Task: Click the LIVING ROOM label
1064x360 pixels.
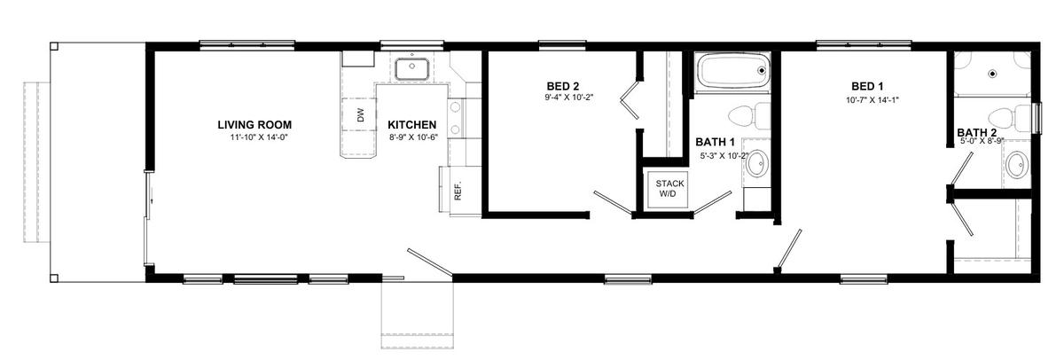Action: coord(254,125)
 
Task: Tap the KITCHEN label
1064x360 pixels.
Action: coord(411,125)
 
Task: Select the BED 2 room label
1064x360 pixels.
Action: coord(563,86)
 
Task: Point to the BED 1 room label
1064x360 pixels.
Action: coord(867,86)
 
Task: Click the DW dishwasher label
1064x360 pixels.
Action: coord(361,115)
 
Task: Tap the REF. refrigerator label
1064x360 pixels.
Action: coord(458,190)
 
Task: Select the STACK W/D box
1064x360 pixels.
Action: coord(669,189)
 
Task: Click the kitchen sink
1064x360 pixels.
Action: coord(411,69)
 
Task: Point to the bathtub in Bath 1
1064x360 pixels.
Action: coord(733,71)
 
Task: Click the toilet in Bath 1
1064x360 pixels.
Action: coord(749,116)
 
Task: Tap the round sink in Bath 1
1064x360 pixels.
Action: coord(757,164)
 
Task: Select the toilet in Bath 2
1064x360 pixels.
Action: coord(1009,118)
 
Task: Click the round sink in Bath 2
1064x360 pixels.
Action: coord(1016,165)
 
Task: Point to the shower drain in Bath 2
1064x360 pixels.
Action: coord(992,74)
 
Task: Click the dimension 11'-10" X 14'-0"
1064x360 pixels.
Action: coord(259,137)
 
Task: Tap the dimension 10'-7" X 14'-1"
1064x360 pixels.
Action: coord(872,100)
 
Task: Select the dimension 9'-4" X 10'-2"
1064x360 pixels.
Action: coord(569,98)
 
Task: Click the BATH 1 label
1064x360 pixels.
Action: coord(715,142)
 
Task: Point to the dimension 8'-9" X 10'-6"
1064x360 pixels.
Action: coord(413,137)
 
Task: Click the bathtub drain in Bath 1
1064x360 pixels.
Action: coord(762,71)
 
